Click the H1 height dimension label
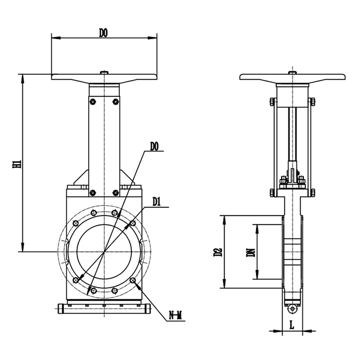(x=17, y=164)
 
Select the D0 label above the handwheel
(x=103, y=33)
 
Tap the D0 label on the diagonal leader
(x=154, y=147)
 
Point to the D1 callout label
(x=157, y=202)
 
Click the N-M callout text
(x=175, y=316)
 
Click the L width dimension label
(x=292, y=325)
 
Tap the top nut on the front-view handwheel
(x=104, y=72)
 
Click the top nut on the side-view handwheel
(x=292, y=73)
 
